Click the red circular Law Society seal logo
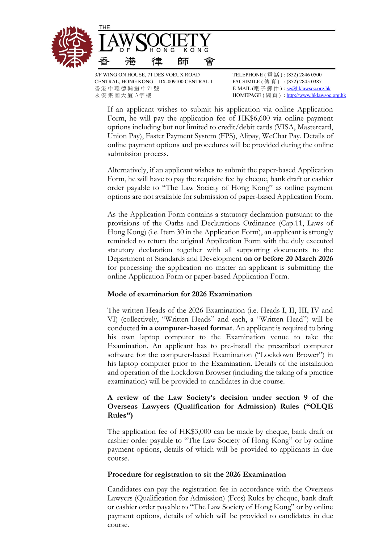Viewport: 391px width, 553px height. (72, 47)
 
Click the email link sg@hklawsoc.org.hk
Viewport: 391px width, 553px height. (308, 88)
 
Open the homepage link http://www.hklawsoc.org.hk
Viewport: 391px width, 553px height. (316, 95)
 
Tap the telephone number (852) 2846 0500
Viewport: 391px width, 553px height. (304, 75)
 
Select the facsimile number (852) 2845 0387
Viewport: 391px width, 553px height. (304, 81)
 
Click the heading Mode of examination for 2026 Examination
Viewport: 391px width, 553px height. (180, 294)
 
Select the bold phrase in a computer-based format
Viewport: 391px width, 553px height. (186, 328)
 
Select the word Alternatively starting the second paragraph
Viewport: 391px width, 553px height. (127, 170)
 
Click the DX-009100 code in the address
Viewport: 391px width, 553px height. (172, 81)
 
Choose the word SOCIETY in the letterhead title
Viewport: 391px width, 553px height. (173, 42)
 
